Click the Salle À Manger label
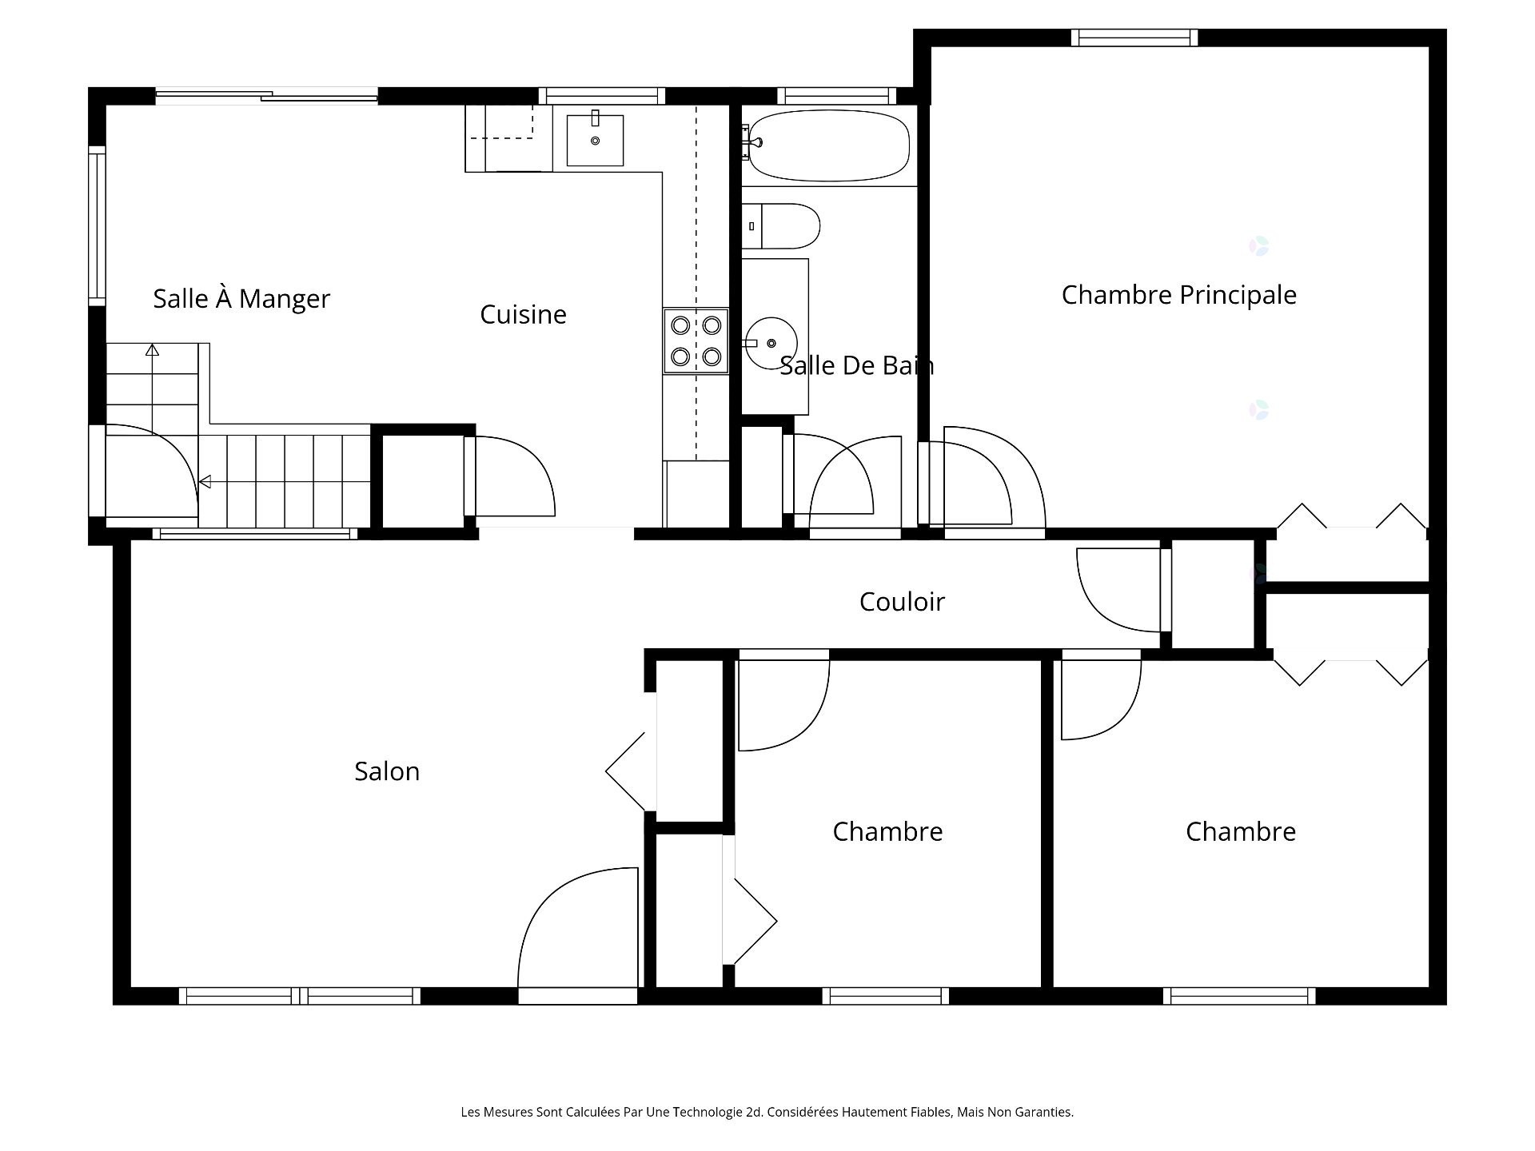point(241,298)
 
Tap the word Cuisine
point(523,314)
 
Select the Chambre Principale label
point(1178,295)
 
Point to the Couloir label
point(902,601)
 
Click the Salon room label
point(387,771)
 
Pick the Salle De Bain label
point(856,365)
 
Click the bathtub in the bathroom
point(828,145)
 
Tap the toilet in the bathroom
point(780,226)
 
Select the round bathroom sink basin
point(771,343)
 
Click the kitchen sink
point(595,140)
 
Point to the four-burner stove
point(696,341)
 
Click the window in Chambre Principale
point(1134,38)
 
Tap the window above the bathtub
point(836,96)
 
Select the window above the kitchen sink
point(601,96)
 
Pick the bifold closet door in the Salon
point(632,771)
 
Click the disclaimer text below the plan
point(767,1112)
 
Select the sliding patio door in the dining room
point(266,96)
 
